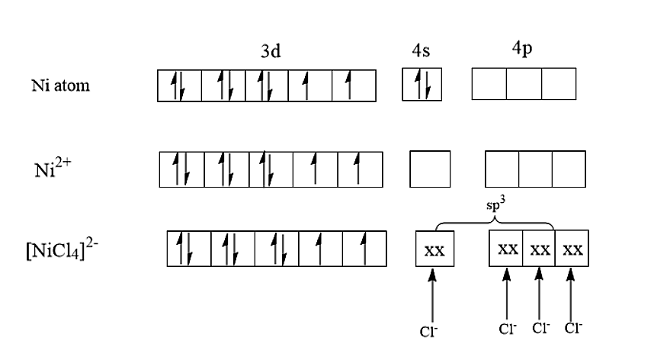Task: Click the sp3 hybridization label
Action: (497, 207)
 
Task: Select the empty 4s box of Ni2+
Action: (430, 169)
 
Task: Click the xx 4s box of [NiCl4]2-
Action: (434, 249)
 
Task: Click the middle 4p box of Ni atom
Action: (524, 84)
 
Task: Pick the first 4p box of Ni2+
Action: (502, 169)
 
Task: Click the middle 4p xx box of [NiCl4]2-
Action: (539, 249)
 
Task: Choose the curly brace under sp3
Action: (495, 222)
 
